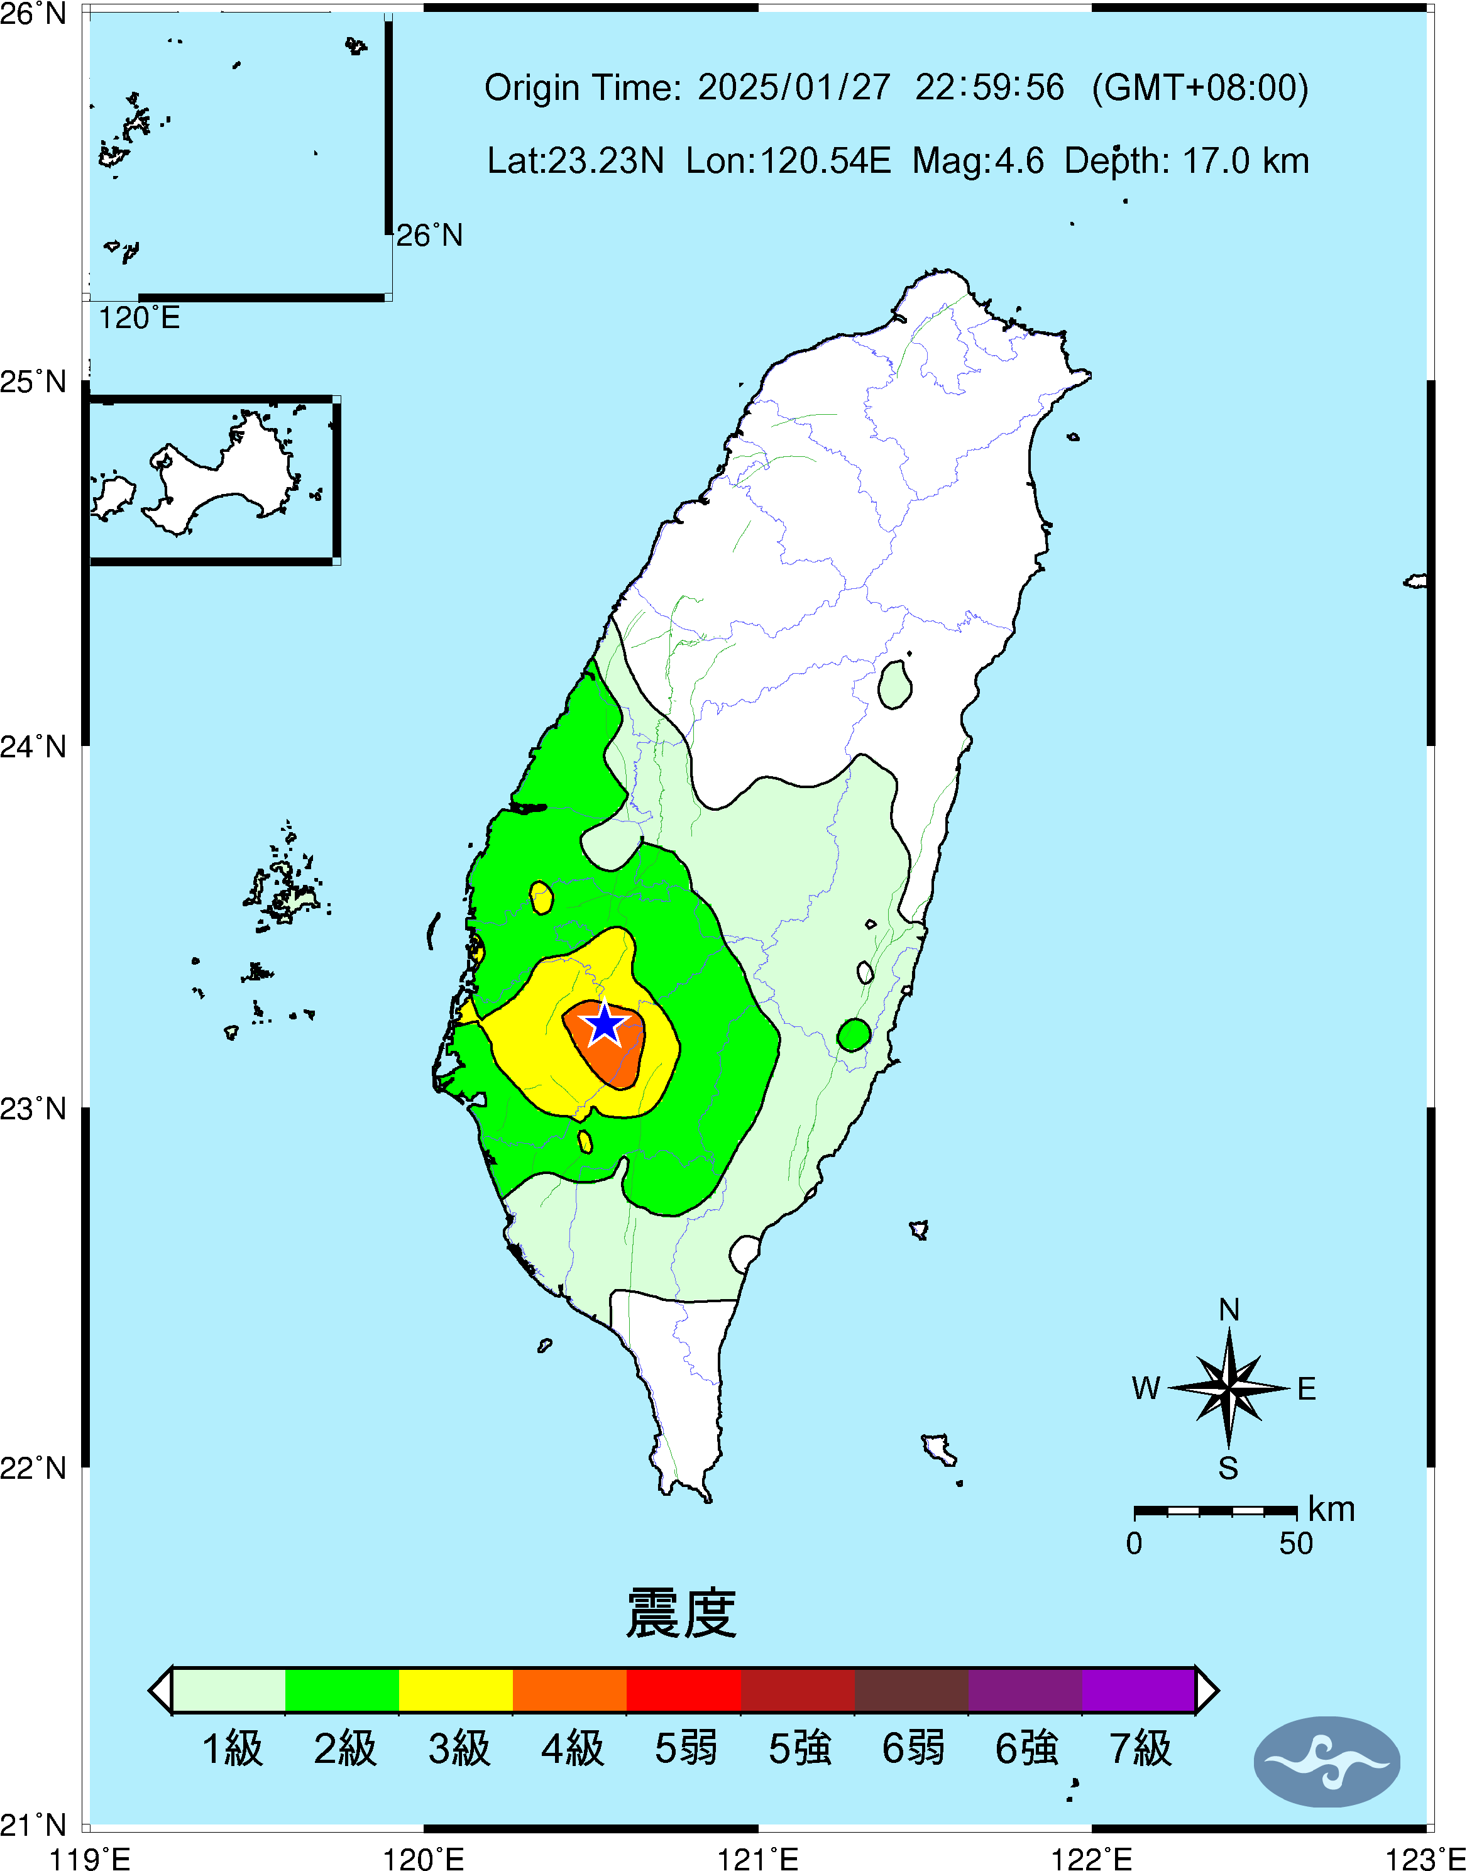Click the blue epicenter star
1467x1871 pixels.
coord(605,1024)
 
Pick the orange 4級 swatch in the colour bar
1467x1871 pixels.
coord(569,1690)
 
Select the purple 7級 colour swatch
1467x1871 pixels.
coord(1138,1690)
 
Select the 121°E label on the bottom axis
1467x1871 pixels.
coord(757,1859)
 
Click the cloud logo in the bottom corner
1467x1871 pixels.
coord(1326,1762)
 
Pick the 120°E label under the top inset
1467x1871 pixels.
coord(139,319)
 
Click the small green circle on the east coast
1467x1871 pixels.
coord(854,1034)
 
